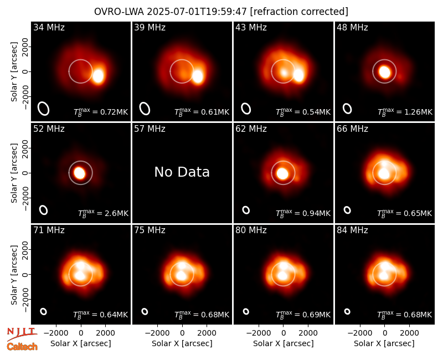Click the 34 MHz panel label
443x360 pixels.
(49, 27)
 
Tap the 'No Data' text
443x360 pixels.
(182, 172)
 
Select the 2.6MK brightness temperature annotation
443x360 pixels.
(103, 213)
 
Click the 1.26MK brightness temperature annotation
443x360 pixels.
(405, 112)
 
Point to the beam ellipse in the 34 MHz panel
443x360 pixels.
(44, 109)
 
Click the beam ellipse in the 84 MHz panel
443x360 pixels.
(347, 311)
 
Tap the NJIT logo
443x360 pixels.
(22, 333)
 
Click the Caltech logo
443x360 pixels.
(22, 347)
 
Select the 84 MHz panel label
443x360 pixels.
(352, 230)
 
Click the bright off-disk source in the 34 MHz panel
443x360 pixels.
(98, 76)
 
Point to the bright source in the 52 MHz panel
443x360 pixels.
(79, 173)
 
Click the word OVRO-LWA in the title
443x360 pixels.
(119, 12)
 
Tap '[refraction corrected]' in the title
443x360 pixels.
(299, 12)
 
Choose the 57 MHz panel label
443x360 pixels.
(150, 129)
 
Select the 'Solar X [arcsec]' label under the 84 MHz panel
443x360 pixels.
(384, 343)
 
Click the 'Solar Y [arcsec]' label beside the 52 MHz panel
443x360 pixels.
(14, 173)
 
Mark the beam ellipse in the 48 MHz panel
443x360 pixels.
(347, 109)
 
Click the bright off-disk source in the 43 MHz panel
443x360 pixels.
(298, 75)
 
